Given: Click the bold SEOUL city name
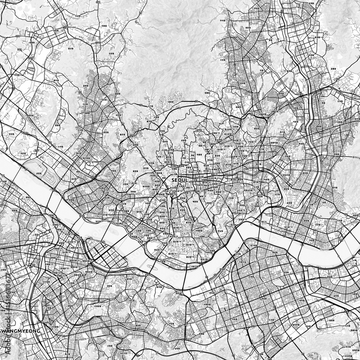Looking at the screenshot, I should click(179, 180).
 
